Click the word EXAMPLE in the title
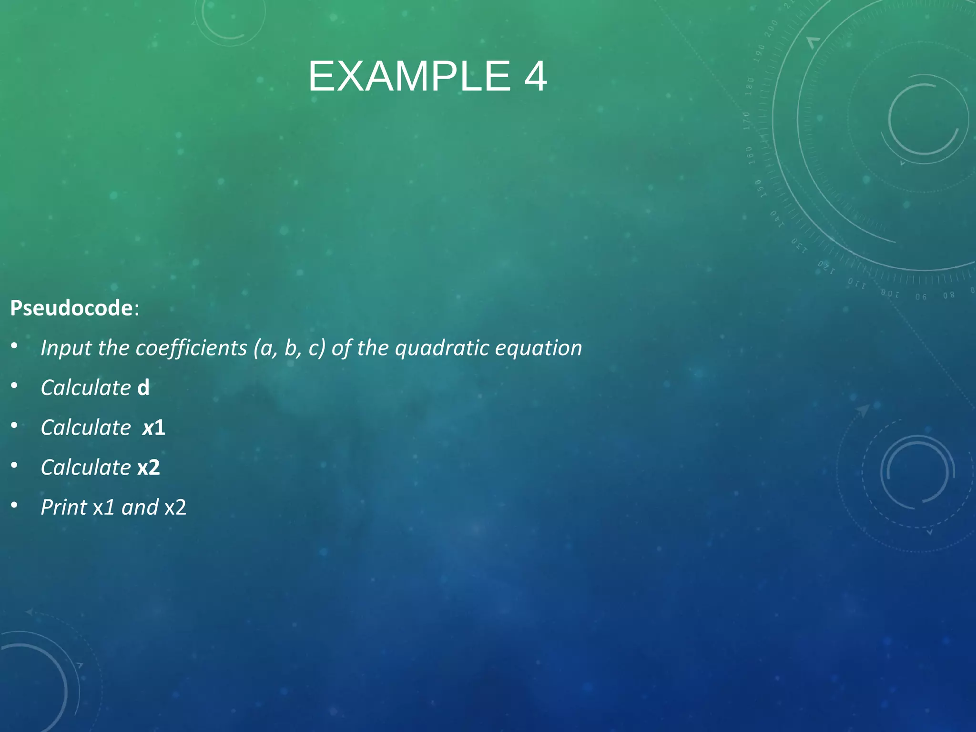tap(409, 77)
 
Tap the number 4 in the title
tap(535, 77)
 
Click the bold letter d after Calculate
tap(143, 387)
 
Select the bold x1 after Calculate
tap(154, 427)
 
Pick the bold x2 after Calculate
tap(149, 468)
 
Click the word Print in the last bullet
tap(64, 507)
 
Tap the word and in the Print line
tap(140, 507)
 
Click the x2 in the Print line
tap(175, 507)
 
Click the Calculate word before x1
tap(86, 427)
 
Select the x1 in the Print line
tap(104, 507)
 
